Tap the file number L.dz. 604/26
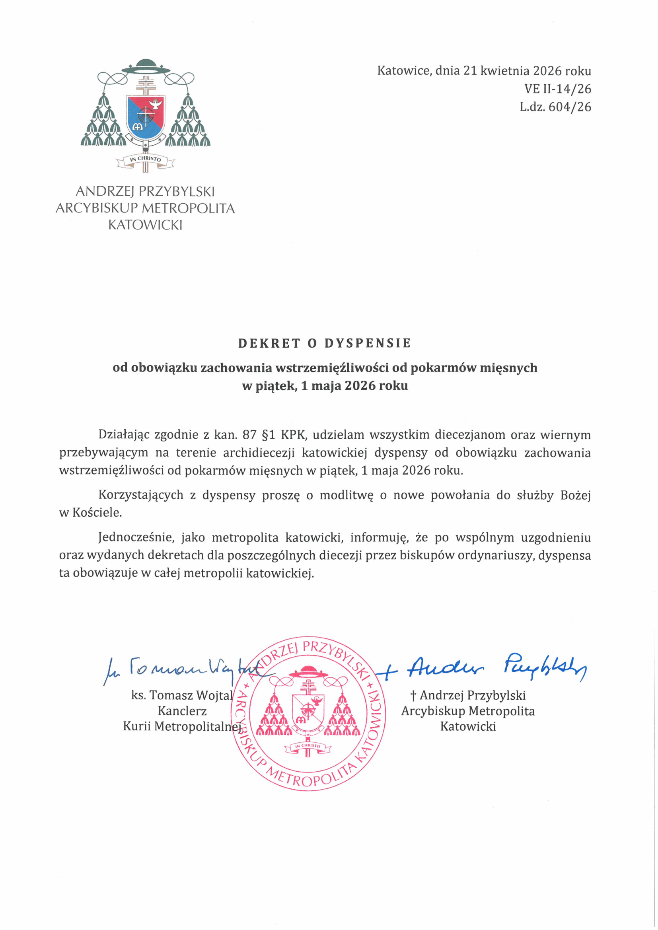[555, 107]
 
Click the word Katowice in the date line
[403, 71]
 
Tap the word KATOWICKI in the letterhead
[145, 225]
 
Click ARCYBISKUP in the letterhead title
[97, 208]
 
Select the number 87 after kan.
[249, 435]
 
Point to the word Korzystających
[140, 495]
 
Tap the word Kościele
[97, 512]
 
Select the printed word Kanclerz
[182, 711]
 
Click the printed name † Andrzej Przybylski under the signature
[468, 695]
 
